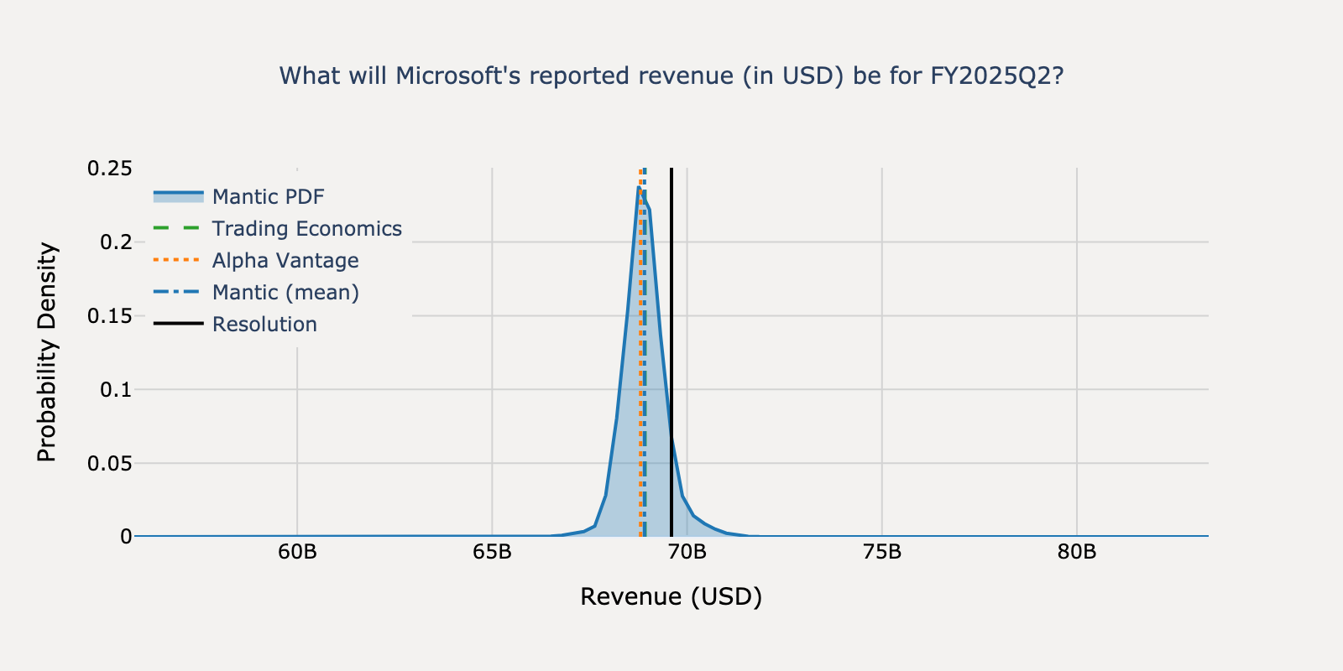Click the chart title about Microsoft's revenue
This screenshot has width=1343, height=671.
point(671,76)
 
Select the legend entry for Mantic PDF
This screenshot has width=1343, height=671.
point(268,197)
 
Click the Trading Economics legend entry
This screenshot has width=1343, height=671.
point(306,229)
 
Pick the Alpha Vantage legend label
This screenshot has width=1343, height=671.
point(285,261)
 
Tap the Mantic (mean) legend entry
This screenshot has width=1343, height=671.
point(285,293)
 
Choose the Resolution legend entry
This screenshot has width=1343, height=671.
point(264,325)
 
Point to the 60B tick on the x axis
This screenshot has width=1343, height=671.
point(297,553)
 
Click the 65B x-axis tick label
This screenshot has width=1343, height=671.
point(492,553)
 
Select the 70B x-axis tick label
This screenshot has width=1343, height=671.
point(687,553)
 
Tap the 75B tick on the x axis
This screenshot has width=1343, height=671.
point(881,553)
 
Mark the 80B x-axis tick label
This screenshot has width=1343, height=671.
point(1077,553)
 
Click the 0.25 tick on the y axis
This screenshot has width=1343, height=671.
point(109,169)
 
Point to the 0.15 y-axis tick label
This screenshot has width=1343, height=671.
point(109,316)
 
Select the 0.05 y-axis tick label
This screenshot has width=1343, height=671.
point(109,463)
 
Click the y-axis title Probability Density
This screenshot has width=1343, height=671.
point(47,352)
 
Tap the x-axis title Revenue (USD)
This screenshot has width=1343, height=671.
point(671,597)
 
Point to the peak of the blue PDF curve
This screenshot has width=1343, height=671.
point(639,188)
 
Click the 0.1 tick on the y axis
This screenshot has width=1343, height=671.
point(115,390)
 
